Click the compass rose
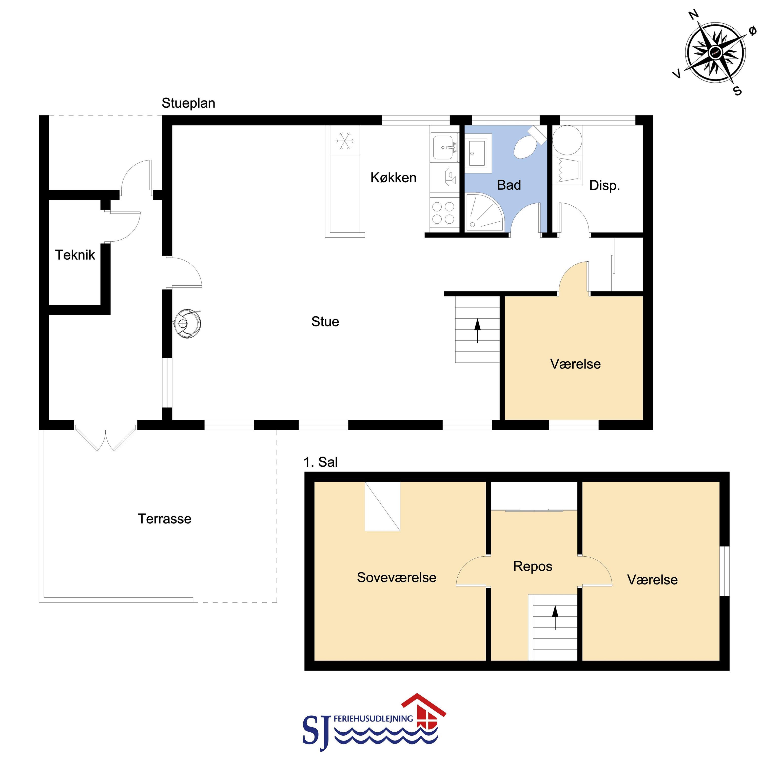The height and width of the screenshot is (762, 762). tap(715, 52)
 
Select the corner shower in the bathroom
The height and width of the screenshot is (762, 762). tap(484, 212)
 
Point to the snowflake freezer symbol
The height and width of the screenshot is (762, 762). tap(345, 141)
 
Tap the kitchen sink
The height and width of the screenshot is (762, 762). tap(444, 147)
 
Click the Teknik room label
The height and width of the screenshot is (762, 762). tap(75, 255)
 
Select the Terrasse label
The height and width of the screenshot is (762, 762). tap(164, 519)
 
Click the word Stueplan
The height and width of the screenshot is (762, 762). tap(188, 103)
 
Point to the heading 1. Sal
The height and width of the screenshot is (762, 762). tap(321, 462)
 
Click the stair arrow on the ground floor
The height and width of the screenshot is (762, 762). tap(478, 330)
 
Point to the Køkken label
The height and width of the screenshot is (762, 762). tap(394, 178)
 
